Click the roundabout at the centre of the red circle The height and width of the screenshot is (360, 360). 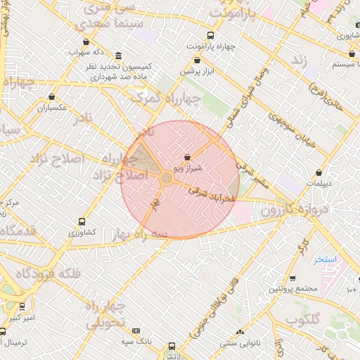coord(167,179)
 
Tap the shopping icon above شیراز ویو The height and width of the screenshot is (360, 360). coord(187,157)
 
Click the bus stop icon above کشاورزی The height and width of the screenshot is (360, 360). coord(82,220)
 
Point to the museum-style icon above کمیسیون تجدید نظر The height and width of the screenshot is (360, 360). coord(117,56)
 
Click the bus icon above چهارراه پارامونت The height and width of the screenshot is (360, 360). coord(210,35)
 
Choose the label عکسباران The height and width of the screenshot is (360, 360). coord(52,108)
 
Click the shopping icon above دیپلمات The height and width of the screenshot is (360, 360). coord(320,171)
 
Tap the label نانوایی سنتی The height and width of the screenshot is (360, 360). coord(240,343)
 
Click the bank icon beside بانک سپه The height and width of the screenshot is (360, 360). coord(136,330)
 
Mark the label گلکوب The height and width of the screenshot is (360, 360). coord(303,319)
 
